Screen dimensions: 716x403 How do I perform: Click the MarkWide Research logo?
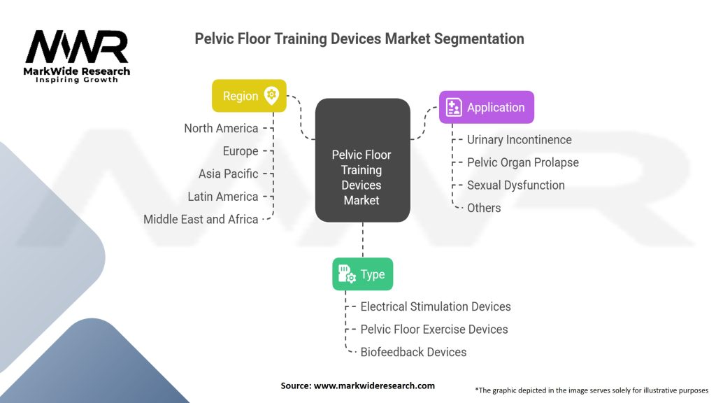(x=77, y=56)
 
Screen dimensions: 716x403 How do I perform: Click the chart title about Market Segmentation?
(x=359, y=39)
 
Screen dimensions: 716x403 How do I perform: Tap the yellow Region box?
(x=249, y=96)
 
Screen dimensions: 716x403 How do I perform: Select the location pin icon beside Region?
(x=271, y=96)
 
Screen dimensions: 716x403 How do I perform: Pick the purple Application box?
(x=487, y=107)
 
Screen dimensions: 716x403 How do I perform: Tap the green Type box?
(x=362, y=274)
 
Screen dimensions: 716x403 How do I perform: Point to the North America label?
(x=221, y=128)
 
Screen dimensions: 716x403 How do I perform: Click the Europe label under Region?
(x=241, y=151)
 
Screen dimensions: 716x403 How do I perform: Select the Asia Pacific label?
(x=228, y=174)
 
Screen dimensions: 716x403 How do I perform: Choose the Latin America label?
(x=223, y=197)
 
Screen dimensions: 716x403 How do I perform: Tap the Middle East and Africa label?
(x=201, y=219)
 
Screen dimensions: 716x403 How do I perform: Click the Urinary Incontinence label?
(x=519, y=139)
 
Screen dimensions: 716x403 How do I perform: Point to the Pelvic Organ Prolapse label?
(x=522, y=162)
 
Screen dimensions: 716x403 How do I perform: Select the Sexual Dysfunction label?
(x=515, y=185)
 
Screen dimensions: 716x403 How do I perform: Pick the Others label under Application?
(x=484, y=208)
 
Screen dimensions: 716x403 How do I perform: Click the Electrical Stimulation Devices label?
(x=435, y=306)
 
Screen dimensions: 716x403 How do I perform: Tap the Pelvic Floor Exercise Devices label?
(x=434, y=329)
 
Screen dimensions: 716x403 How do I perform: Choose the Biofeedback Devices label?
(x=413, y=352)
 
